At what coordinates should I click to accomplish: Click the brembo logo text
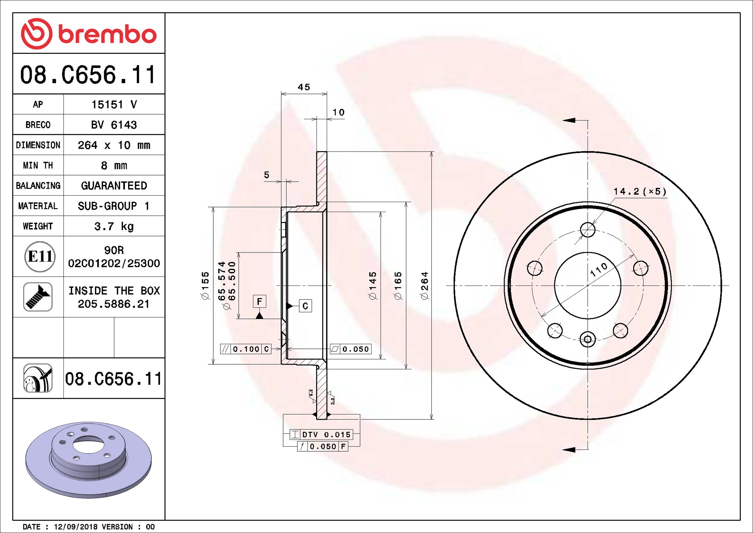(x=107, y=34)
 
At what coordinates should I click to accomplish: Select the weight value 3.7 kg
(x=114, y=226)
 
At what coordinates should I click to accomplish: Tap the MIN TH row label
(x=38, y=165)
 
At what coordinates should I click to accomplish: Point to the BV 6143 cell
(x=114, y=125)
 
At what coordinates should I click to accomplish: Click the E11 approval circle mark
(x=40, y=256)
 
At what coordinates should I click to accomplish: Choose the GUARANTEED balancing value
(x=114, y=186)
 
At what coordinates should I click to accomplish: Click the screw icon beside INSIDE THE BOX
(x=38, y=297)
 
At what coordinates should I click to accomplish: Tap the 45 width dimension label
(x=304, y=87)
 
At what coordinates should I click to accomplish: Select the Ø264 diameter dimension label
(x=424, y=285)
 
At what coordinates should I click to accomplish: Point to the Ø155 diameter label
(x=205, y=285)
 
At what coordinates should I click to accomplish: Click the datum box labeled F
(x=259, y=301)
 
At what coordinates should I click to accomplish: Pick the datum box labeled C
(x=305, y=306)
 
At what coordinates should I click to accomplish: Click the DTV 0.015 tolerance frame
(x=321, y=434)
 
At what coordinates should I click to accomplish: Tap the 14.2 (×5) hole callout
(x=640, y=192)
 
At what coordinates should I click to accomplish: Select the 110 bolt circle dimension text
(x=598, y=269)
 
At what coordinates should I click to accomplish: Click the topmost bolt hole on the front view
(x=588, y=230)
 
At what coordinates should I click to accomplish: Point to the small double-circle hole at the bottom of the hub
(x=588, y=339)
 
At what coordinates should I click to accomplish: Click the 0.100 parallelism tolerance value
(x=246, y=349)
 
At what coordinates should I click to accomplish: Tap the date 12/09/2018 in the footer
(x=76, y=527)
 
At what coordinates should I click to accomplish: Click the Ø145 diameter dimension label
(x=373, y=285)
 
